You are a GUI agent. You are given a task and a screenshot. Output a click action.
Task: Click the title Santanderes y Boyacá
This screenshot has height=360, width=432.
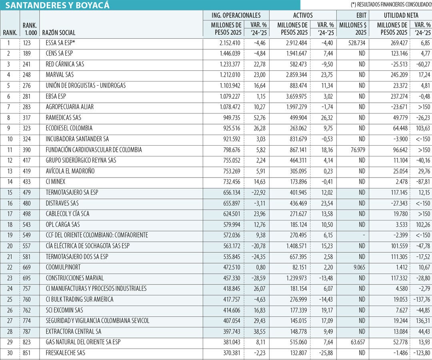tap(57, 5)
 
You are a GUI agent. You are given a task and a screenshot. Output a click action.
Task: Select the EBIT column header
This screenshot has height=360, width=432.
tap(361, 16)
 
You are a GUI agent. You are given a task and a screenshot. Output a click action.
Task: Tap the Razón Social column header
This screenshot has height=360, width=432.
tap(59, 32)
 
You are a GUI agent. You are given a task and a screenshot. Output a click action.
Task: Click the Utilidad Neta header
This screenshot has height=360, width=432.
tap(401, 16)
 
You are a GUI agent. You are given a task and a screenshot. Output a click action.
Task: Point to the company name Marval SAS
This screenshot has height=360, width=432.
tap(60, 75)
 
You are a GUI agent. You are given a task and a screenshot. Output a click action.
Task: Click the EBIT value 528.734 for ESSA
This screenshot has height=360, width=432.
tap(356, 43)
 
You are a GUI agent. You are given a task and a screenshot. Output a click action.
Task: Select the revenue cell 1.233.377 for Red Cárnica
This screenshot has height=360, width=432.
tap(230, 64)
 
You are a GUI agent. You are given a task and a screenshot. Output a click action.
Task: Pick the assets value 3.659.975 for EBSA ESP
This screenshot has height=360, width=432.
tap(296, 96)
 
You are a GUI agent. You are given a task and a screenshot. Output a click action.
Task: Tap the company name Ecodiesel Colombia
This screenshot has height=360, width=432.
tap(69, 128)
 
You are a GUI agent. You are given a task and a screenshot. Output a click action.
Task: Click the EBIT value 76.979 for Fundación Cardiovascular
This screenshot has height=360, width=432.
tap(358, 150)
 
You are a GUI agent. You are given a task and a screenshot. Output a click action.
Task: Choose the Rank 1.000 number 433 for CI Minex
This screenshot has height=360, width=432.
tap(27, 182)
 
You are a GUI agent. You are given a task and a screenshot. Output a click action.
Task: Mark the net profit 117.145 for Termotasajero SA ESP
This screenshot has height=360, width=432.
tap(399, 192)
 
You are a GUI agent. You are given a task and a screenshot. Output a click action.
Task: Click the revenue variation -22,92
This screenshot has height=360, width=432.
tap(258, 192)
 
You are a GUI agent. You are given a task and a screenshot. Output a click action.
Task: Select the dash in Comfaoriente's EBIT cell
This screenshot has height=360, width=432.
tap(364, 235)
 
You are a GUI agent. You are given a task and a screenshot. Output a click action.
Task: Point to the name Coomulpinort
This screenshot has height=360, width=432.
tap(63, 267)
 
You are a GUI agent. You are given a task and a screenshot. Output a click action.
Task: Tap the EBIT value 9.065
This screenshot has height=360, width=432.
tap(359, 267)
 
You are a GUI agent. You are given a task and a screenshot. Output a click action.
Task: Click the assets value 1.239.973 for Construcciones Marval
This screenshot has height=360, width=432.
tap(296, 278)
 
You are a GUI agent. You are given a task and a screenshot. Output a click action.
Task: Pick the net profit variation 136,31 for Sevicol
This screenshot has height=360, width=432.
tap(423, 321)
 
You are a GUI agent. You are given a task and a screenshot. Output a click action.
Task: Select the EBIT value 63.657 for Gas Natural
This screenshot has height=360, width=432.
tap(358, 342)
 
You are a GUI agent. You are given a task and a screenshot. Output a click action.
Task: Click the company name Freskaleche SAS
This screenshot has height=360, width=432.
tap(65, 352)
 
